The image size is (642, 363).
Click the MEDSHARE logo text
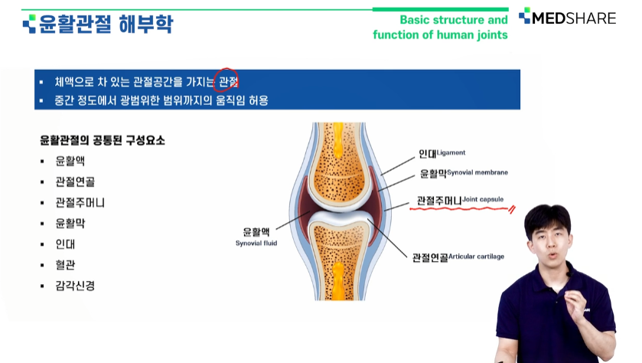coord(574,18)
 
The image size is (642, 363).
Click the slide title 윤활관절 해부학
coord(106,24)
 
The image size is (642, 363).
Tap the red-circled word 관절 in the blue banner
coord(228,81)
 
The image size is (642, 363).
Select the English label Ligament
coord(451,153)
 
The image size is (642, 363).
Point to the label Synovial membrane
coord(477,172)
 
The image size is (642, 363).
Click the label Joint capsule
coord(483,200)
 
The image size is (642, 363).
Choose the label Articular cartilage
coord(476,257)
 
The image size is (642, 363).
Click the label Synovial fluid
coord(256,243)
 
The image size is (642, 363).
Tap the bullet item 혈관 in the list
coord(66,265)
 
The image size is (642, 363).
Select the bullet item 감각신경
coord(75,286)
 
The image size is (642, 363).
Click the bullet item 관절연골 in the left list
coord(75,181)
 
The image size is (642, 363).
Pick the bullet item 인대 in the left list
coord(66,244)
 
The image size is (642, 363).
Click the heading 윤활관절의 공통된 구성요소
coord(103,141)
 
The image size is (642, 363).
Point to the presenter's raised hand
coord(575,308)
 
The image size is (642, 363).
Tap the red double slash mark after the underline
coord(511,210)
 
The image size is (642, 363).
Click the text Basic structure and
coord(454,20)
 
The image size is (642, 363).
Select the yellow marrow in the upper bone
coord(338,140)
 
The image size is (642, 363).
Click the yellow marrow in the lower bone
coord(337,280)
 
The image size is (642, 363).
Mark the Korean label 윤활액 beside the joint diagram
coord(256,232)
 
